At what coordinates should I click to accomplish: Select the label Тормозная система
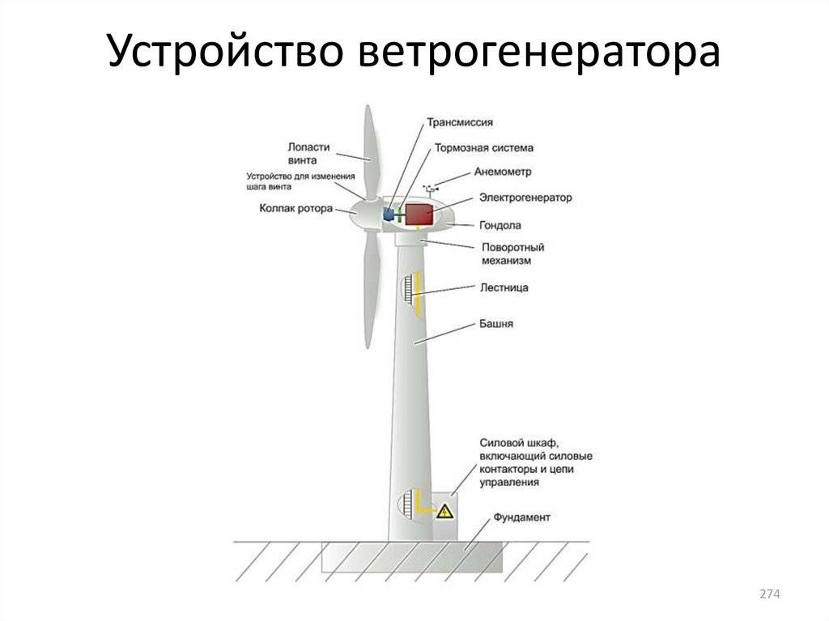point(483,148)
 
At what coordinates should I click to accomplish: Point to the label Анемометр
point(503,172)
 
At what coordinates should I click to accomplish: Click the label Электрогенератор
point(525,197)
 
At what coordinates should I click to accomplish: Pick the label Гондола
point(500,225)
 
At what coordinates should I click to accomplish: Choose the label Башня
point(497,324)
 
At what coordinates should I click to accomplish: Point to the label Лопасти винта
point(308,154)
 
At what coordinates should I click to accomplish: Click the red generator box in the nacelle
point(419,215)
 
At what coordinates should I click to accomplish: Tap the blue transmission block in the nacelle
point(388,215)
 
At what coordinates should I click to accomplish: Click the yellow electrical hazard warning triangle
point(444,512)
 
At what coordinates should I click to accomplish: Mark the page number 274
point(769,595)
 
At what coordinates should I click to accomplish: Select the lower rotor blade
point(370,283)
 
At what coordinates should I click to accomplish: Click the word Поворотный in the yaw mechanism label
point(512,247)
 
